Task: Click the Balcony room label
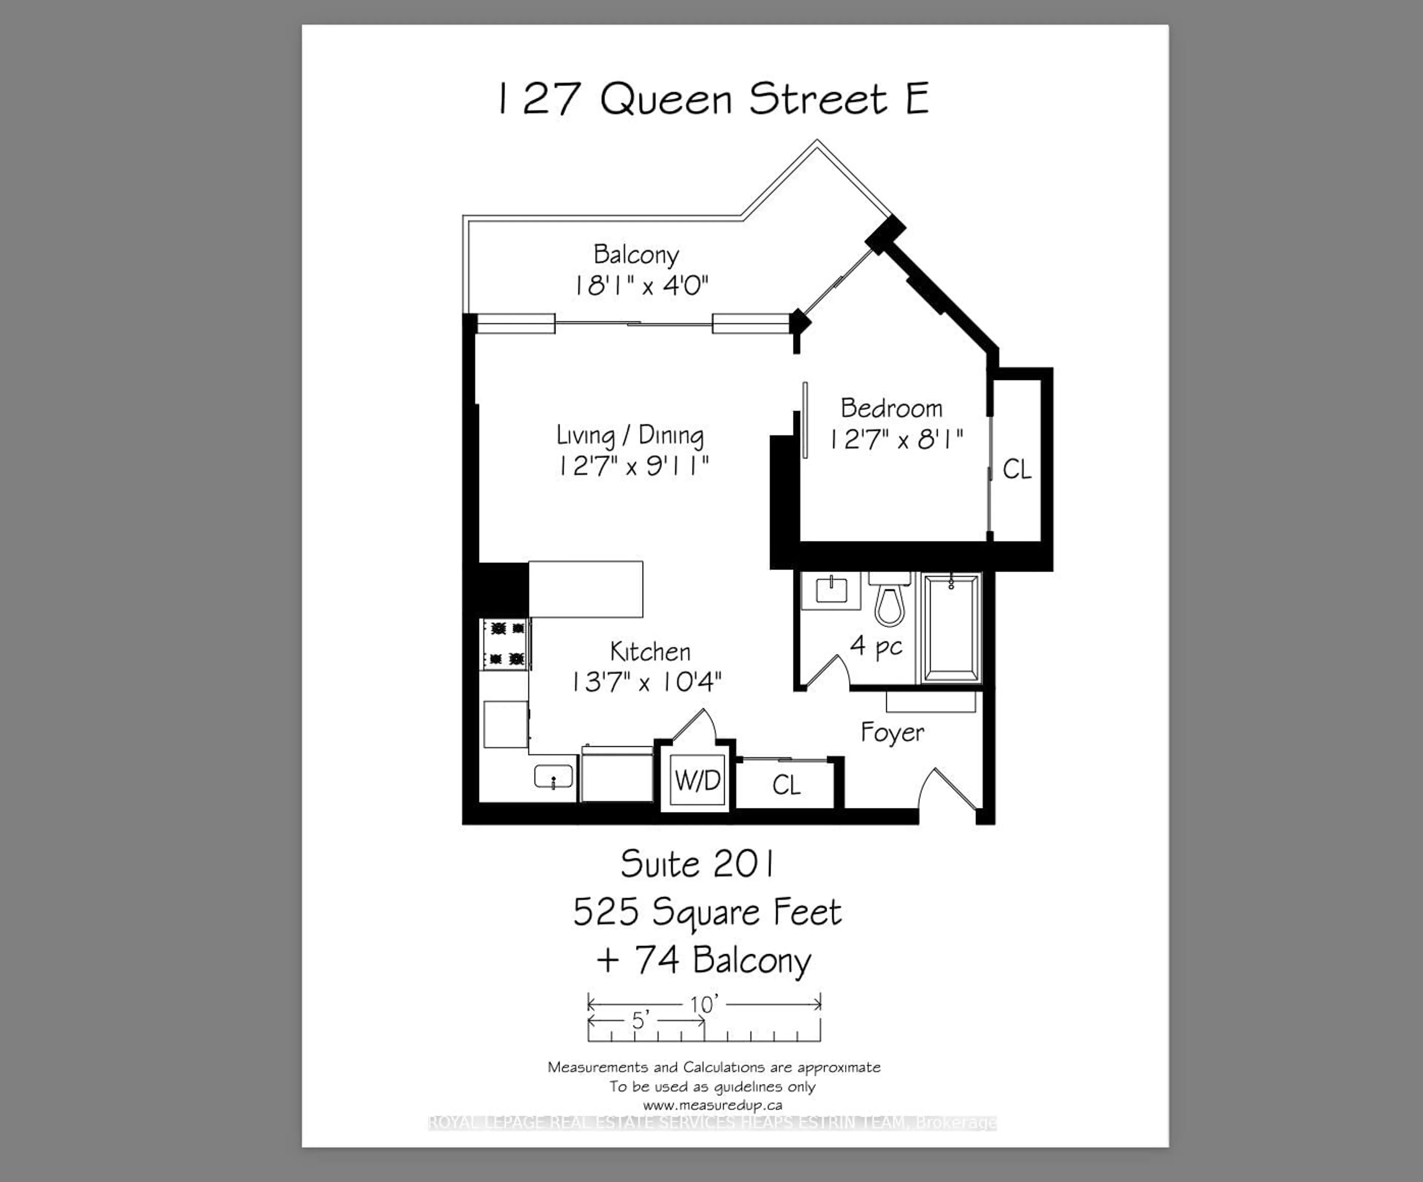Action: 636,255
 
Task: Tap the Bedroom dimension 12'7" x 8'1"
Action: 896,440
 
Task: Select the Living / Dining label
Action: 630,435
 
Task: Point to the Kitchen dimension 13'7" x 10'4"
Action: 646,682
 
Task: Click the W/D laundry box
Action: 698,781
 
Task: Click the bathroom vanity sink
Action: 831,591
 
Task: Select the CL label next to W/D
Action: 786,785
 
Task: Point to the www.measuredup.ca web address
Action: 712,1105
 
